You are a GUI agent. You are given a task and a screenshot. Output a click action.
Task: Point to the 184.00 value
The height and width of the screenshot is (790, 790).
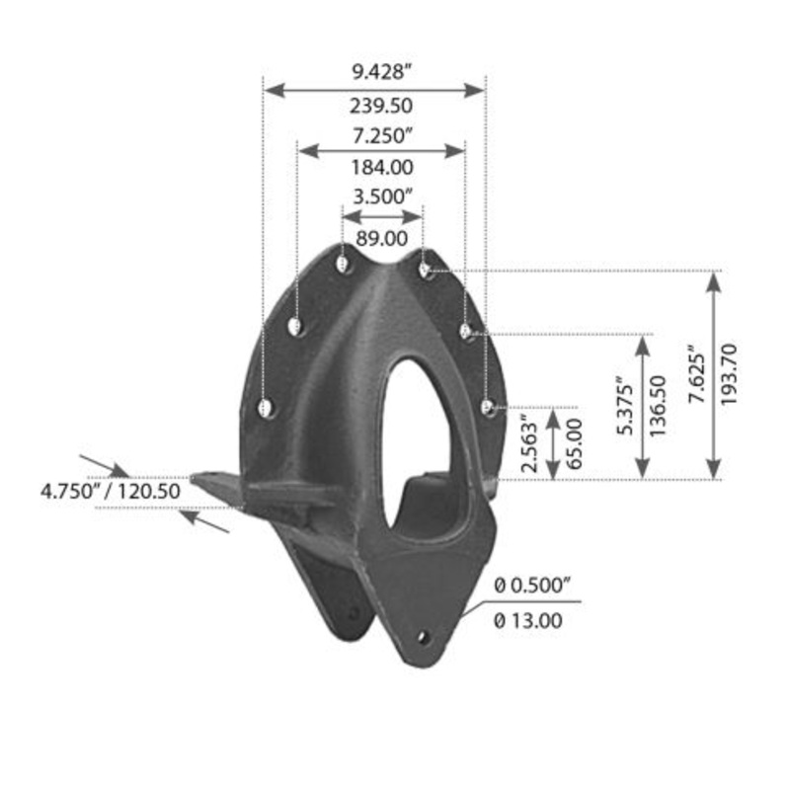pos(381,168)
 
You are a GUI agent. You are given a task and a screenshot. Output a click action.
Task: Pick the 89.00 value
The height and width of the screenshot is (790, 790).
pos(381,237)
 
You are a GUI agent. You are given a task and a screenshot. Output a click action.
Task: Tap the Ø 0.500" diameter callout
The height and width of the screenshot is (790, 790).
pos(533,586)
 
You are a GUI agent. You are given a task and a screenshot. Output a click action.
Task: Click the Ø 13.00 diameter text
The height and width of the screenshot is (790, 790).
pos(528,620)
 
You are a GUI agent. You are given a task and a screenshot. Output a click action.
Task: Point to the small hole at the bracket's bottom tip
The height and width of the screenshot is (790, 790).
pos(424,637)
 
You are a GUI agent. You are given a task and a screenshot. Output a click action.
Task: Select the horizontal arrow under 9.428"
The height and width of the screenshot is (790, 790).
pos(374,89)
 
